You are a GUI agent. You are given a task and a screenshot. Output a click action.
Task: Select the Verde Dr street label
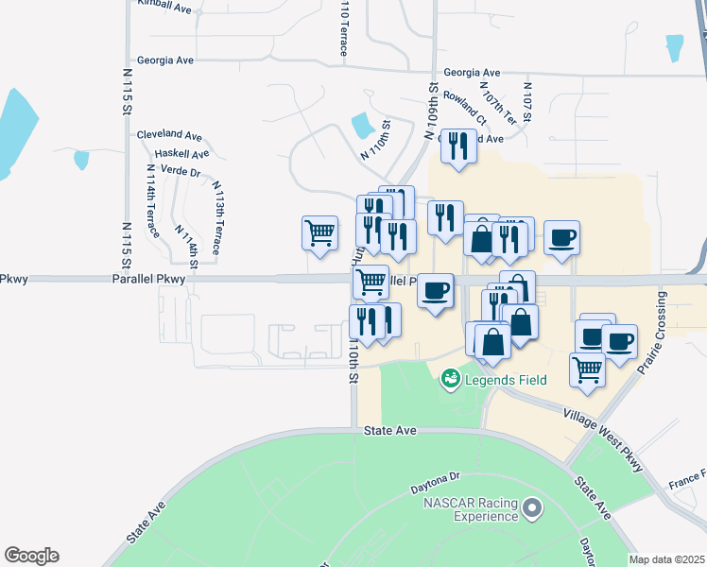(x=181, y=172)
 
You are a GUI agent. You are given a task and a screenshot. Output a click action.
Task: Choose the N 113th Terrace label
(x=216, y=217)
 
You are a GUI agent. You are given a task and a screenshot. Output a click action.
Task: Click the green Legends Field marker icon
(x=451, y=380)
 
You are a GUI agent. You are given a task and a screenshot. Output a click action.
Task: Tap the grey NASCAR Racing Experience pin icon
(x=532, y=509)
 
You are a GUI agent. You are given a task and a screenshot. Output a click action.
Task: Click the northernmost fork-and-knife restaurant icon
(x=458, y=146)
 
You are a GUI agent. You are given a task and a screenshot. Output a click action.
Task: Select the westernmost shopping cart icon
(x=319, y=232)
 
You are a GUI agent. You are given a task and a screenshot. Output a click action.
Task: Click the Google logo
(x=31, y=556)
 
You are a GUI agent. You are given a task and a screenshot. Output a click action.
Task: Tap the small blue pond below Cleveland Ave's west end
(x=80, y=159)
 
